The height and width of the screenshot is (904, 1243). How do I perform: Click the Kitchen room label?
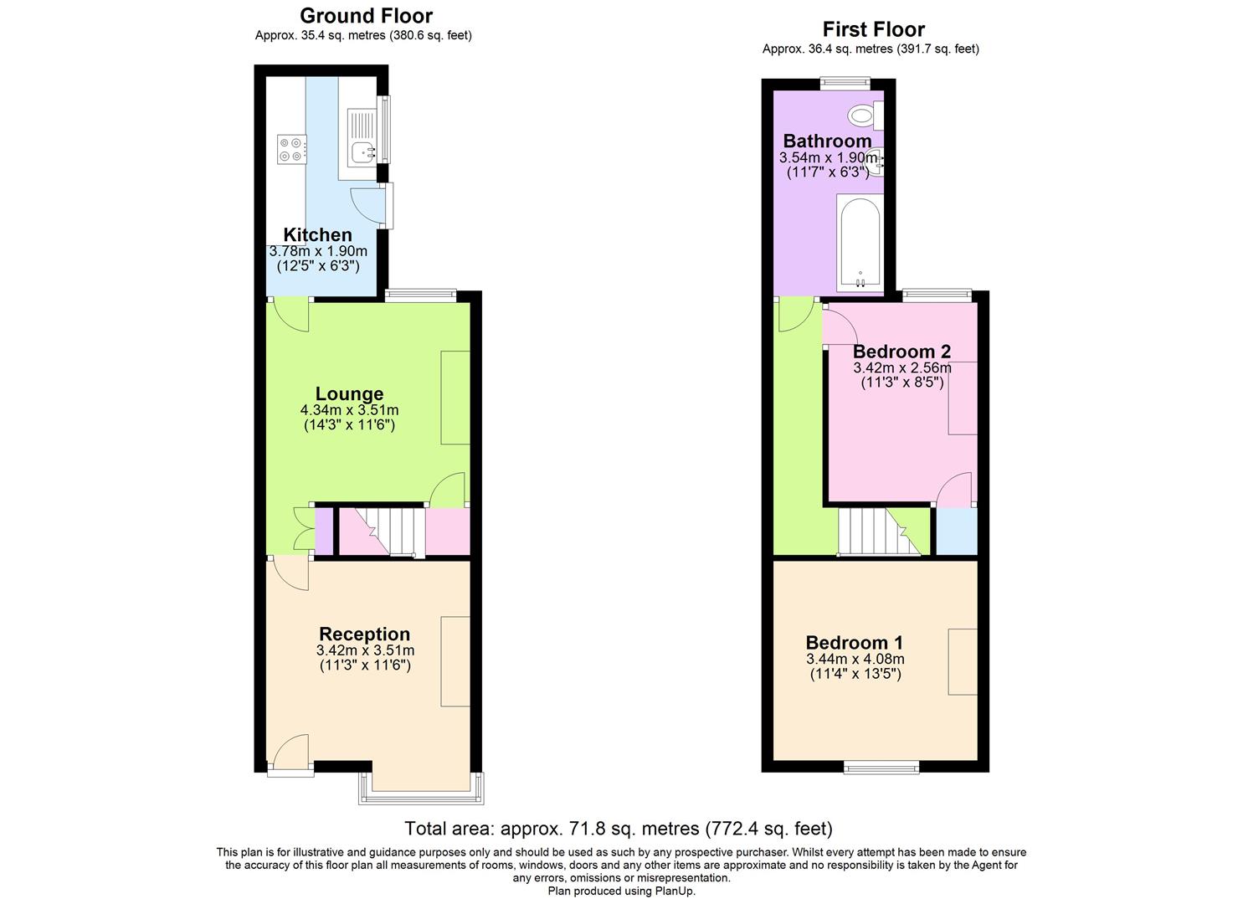click(x=317, y=235)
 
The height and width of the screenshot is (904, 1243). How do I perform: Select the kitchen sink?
click(x=362, y=152)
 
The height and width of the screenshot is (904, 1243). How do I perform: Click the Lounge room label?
click(x=349, y=394)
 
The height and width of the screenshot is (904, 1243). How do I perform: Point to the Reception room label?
click(x=364, y=634)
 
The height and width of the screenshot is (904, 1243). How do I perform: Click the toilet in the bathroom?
click(x=862, y=115)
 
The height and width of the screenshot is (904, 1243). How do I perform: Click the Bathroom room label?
click(x=827, y=141)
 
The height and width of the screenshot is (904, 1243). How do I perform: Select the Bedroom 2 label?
click(x=901, y=352)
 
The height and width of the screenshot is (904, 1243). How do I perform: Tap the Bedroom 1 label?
click(x=854, y=643)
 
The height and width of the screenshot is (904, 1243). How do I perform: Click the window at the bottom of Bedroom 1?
click(x=881, y=767)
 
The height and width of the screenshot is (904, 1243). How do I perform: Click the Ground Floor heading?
click(x=366, y=16)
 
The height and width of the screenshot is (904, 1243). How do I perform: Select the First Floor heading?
click(x=873, y=29)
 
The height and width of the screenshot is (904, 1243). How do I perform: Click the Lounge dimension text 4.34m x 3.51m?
click(x=349, y=410)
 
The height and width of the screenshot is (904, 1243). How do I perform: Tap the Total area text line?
click(x=619, y=829)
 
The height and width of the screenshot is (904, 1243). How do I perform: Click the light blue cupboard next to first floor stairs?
click(x=956, y=532)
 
